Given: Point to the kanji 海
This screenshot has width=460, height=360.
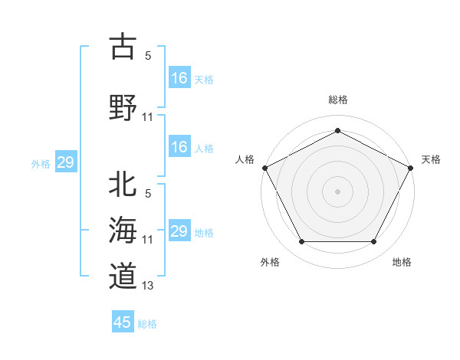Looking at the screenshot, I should point(123,230).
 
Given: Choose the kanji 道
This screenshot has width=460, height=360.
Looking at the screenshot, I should point(123,275).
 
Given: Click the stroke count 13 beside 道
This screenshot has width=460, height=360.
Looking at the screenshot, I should point(148,286).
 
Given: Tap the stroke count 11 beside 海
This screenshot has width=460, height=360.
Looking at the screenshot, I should point(148,240).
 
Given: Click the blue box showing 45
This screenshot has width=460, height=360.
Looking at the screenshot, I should point(123,322).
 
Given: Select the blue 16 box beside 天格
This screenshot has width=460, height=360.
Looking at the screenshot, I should point(179,78).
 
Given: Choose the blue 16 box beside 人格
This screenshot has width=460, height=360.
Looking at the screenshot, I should point(179,147).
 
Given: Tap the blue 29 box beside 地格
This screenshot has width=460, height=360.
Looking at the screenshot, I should point(179,231).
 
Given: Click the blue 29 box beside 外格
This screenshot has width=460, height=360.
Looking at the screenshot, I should point(65,162).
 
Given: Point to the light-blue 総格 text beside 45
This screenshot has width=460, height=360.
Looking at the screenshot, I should point(147,323).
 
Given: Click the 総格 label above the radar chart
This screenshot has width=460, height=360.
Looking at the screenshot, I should point(337,100).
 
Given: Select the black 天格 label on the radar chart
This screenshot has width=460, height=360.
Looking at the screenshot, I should point(431,159).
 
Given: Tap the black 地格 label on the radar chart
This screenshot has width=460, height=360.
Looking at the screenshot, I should point(402,262).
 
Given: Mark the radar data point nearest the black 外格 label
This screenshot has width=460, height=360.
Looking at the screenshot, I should point(301,242).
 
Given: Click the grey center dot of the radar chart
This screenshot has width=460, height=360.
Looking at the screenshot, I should point(337,191).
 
